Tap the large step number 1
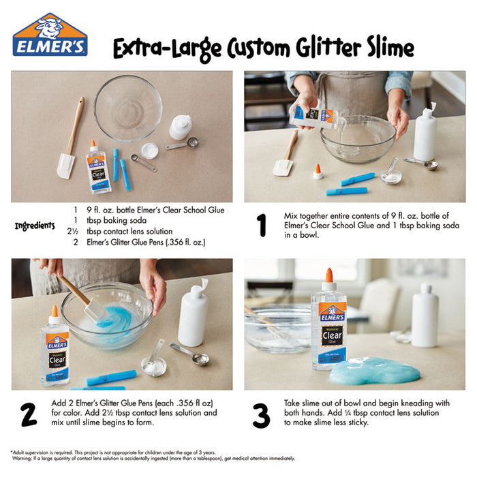[260, 224]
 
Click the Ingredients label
[35, 226]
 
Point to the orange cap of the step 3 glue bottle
[329, 276]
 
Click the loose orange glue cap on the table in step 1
[318, 171]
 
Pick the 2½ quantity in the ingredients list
[74, 232]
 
